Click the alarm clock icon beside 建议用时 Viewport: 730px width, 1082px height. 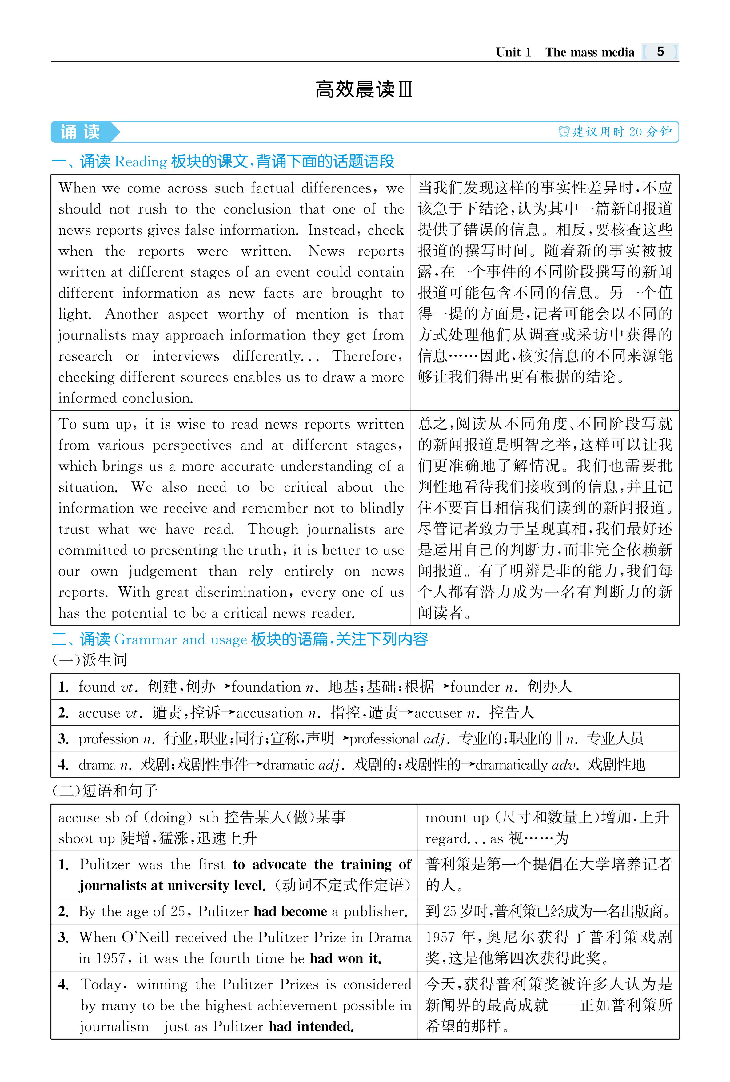(x=564, y=132)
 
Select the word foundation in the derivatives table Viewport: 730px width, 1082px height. (x=266, y=687)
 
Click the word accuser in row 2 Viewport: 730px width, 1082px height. (x=438, y=713)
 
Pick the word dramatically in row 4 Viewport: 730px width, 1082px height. (x=511, y=765)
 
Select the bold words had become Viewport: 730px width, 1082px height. (x=290, y=911)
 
